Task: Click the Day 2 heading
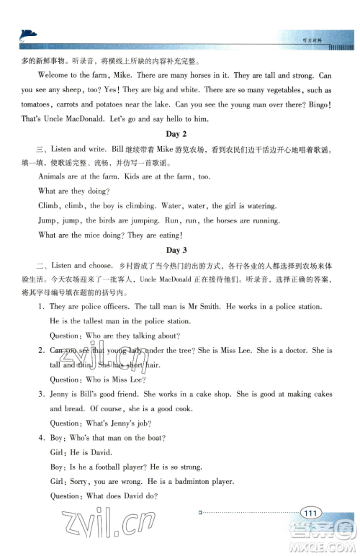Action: point(176,135)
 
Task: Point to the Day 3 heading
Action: point(176,250)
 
